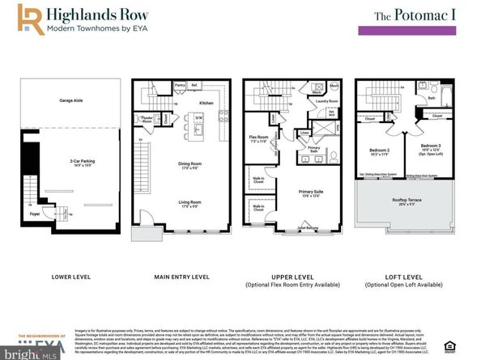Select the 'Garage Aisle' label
pyautogui.click(x=72, y=101)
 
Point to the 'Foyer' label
pyautogui.click(x=34, y=215)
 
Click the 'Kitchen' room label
pyautogui.click(x=206, y=103)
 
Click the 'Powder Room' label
pyautogui.click(x=148, y=119)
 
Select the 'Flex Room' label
pyautogui.click(x=258, y=138)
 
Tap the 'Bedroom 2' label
pyautogui.click(x=381, y=150)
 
